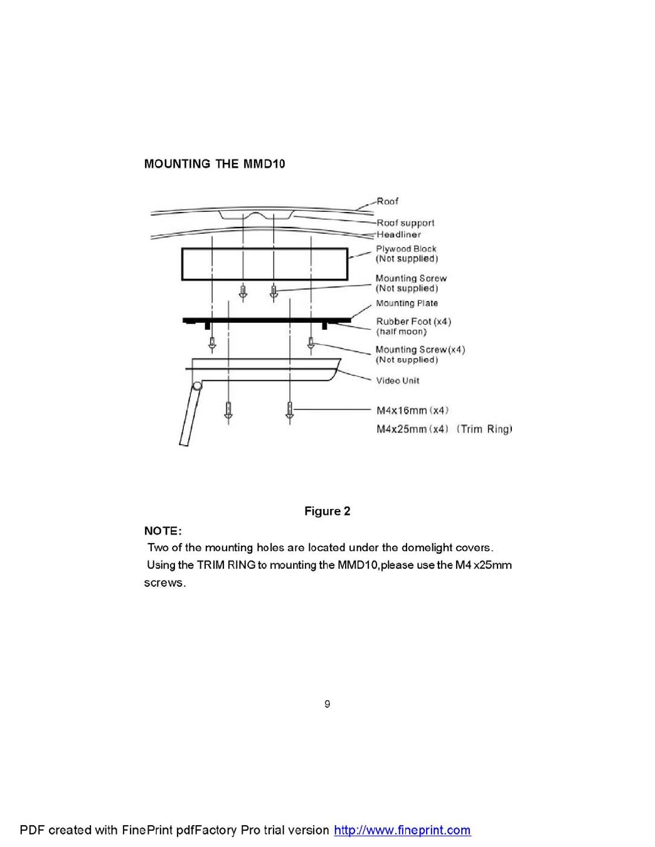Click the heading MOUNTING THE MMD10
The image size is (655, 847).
tap(215, 164)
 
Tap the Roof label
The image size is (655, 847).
tap(387, 201)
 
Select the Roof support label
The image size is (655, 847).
tap(405, 223)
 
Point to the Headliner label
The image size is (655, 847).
tap(398, 234)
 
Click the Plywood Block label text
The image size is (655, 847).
tap(406, 249)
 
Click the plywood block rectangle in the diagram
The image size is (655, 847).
tap(264, 264)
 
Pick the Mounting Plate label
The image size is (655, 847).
tap(407, 303)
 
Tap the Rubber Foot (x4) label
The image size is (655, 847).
tap(413, 322)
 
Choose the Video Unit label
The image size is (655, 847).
tap(398, 381)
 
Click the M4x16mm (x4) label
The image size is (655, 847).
tap(412, 411)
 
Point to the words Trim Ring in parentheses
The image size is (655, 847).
tap(484, 429)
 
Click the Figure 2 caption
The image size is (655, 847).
tap(327, 511)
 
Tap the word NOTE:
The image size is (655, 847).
tap(162, 531)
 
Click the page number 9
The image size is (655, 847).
tap(327, 704)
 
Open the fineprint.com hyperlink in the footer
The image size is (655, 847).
tap(402, 830)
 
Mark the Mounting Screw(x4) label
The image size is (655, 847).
tap(420, 350)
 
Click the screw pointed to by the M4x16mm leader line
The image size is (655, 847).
tap(289, 410)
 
